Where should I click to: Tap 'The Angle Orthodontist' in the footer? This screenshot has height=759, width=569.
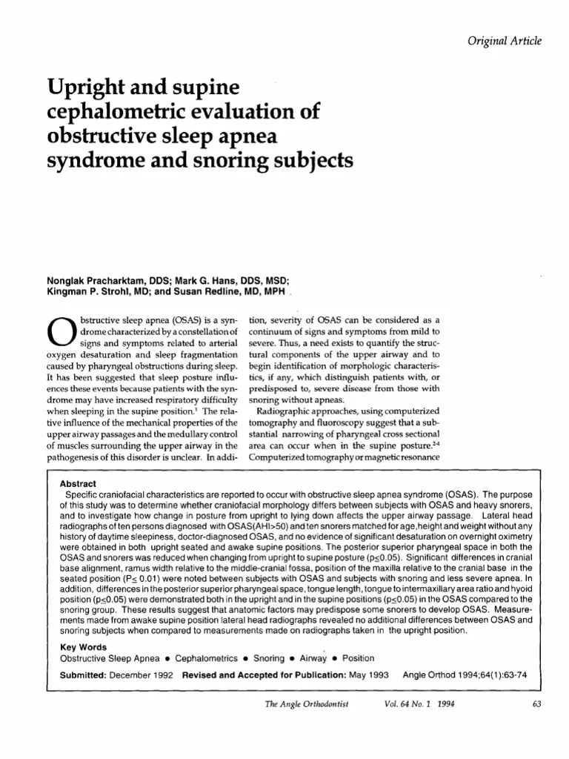coord(305,704)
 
